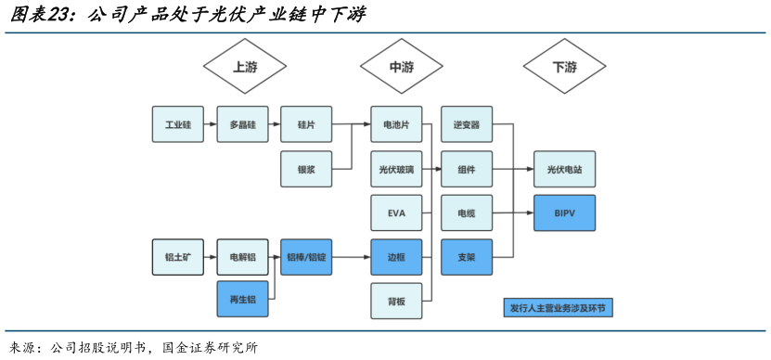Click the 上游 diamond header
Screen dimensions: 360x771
tap(244, 67)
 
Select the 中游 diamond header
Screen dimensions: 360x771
tap(401, 67)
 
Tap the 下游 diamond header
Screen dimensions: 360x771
tap(563, 67)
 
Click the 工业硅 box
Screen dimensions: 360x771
tap(177, 124)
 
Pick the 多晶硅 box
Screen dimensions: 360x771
tap(242, 124)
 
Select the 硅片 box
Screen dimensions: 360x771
tap(305, 124)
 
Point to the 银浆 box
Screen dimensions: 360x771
tap(305, 170)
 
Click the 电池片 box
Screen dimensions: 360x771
tap(396, 124)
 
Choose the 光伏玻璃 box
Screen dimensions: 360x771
tap(396, 170)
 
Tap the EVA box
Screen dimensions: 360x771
tap(396, 213)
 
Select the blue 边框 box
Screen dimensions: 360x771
tap(396, 257)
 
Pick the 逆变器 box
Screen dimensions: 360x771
tap(466, 124)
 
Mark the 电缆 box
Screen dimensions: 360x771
tap(466, 213)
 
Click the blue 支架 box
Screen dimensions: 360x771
tap(466, 257)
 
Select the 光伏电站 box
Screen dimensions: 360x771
tap(564, 170)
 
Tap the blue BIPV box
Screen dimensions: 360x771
tap(564, 213)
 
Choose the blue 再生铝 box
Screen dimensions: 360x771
tap(242, 299)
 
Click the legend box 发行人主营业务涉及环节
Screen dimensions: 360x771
tap(562, 307)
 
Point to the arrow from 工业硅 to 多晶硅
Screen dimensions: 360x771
tap(210, 124)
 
